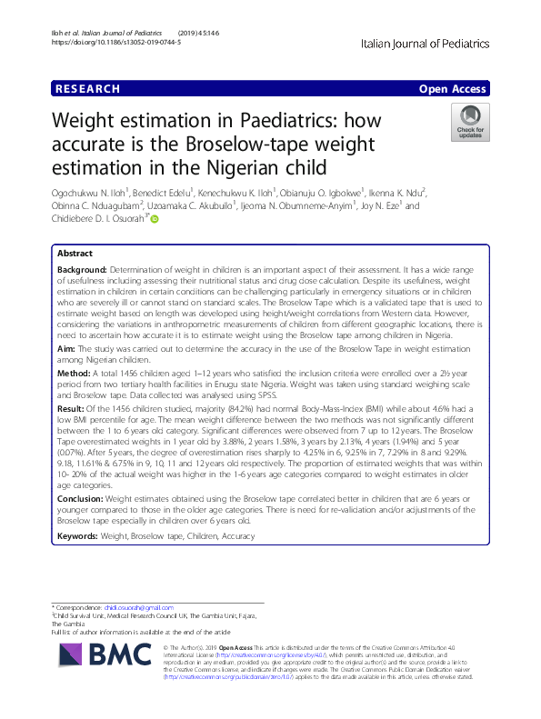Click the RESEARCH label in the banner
(88, 89)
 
